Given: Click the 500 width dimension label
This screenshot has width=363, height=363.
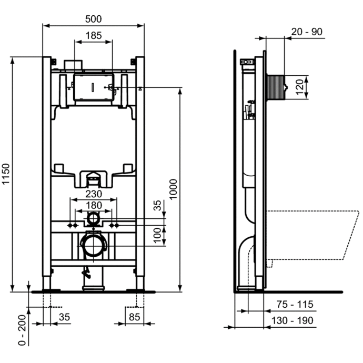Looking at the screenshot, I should tap(93, 18).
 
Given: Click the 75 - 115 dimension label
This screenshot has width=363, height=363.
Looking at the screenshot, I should tap(295, 304).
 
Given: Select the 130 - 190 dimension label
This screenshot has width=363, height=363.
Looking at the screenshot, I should tap(295, 320).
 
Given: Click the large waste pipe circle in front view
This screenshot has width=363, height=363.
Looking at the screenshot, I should tap(93, 245).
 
